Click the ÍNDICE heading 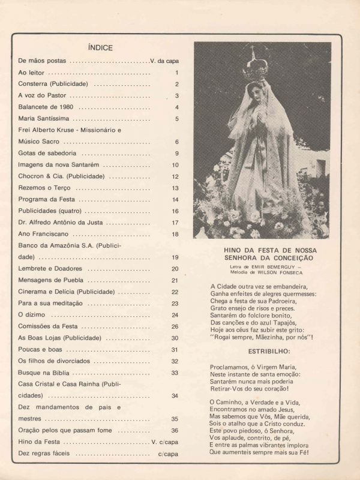click(x=100, y=47)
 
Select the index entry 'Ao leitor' click(x=32, y=73)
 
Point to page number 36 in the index click(x=175, y=430)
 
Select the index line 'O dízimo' click(x=32, y=315)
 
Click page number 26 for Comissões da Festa click(x=175, y=326)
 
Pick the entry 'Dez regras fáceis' click(x=44, y=454)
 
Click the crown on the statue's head click(x=255, y=66)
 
